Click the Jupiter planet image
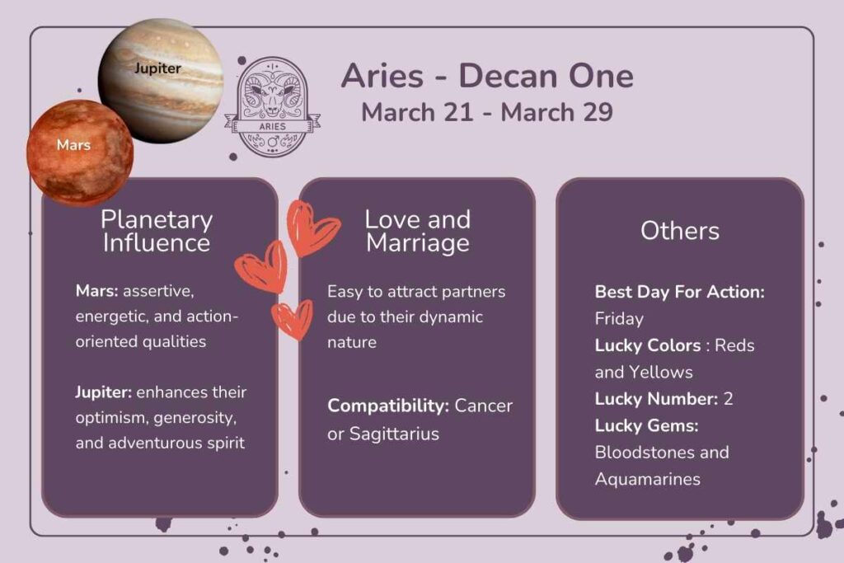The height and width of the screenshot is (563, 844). tap(162, 80)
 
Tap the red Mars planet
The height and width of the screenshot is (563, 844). tap(79, 152)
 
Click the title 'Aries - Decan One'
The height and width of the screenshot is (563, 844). tap(487, 76)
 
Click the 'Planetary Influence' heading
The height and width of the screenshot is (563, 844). tap(157, 231)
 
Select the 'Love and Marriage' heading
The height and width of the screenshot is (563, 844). tap(417, 231)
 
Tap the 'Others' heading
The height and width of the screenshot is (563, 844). tap(680, 231)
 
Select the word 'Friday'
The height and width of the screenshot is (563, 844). tap(619, 318)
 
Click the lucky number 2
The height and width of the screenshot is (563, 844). tap(728, 399)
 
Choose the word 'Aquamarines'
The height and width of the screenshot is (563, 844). tap(647, 479)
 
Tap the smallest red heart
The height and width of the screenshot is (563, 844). tap(293, 319)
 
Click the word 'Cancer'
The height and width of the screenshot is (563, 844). tap(484, 406)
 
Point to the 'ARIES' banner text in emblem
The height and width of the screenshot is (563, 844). tap(272, 126)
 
